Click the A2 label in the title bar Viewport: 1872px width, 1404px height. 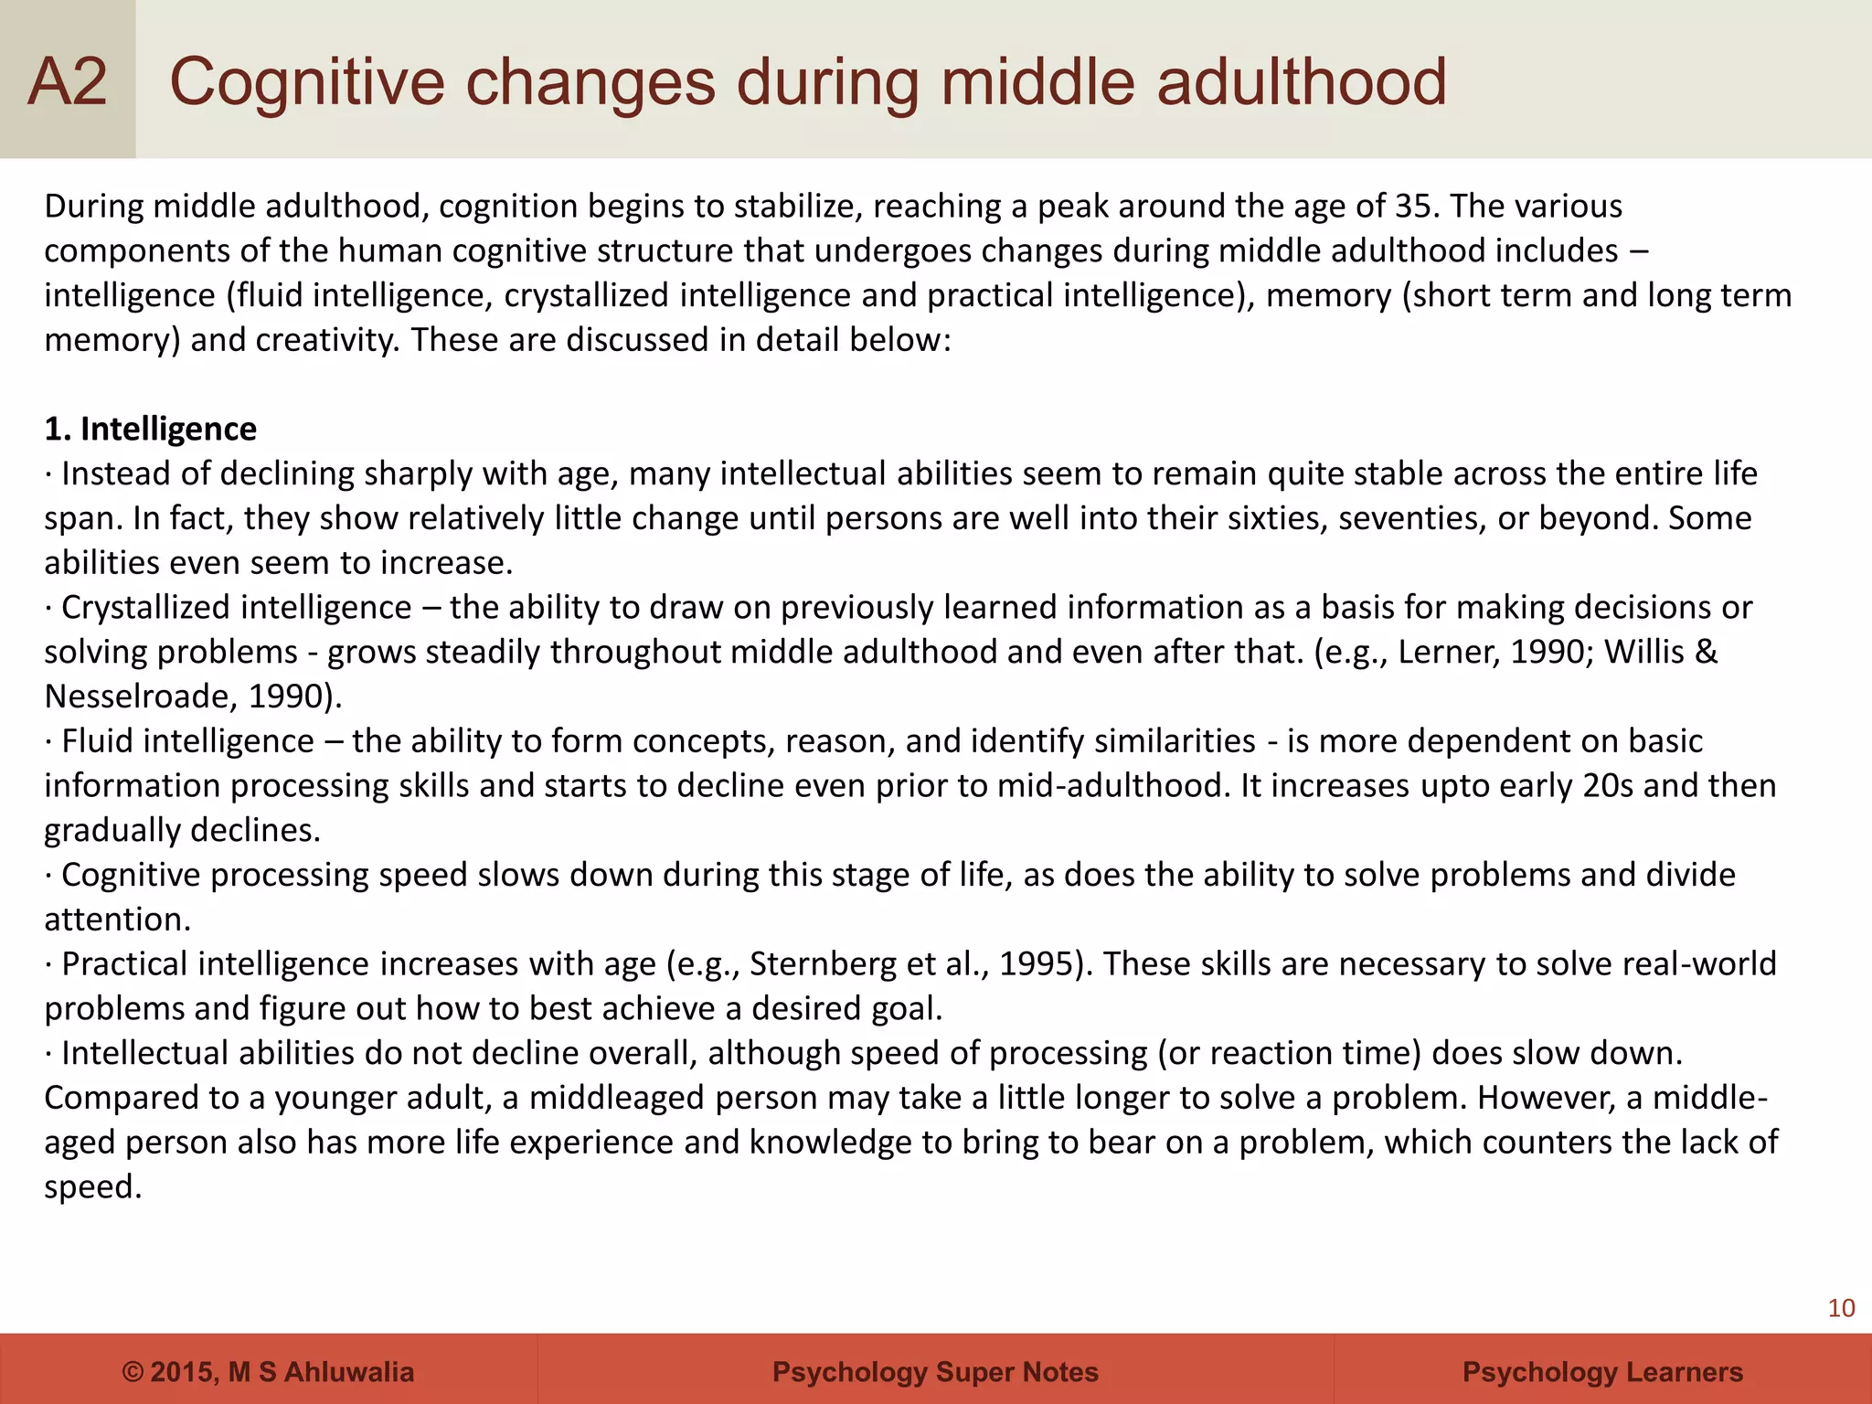point(68,82)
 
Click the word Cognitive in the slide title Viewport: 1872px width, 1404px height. point(305,82)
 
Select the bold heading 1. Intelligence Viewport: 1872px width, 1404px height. point(151,429)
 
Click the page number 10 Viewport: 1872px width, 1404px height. point(1841,1309)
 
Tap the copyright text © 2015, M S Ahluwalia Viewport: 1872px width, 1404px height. point(268,1372)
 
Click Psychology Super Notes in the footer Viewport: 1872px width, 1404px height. point(935,1372)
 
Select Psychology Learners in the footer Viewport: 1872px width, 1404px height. point(1602,1372)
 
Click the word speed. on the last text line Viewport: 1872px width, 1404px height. point(93,1187)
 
